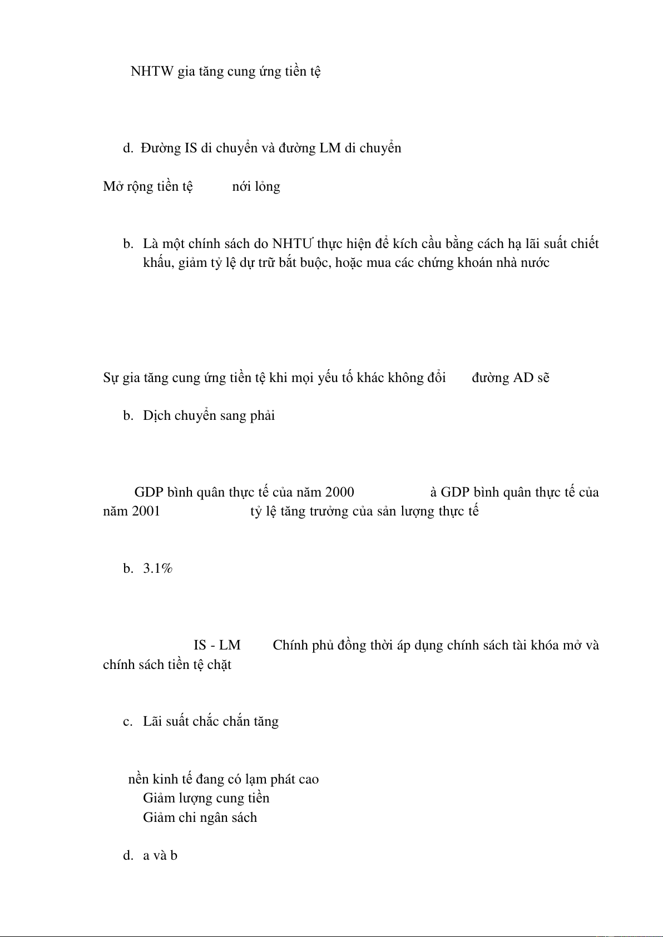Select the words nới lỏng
[256, 186]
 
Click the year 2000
[339, 492]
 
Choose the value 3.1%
[158, 568]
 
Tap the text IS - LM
[217, 645]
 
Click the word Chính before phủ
[290, 645]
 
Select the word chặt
[219, 665]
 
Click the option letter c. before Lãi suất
[128, 722]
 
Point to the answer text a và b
[160, 856]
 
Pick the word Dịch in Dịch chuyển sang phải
[156, 416]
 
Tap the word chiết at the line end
[584, 244]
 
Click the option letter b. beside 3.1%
[128, 568]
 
